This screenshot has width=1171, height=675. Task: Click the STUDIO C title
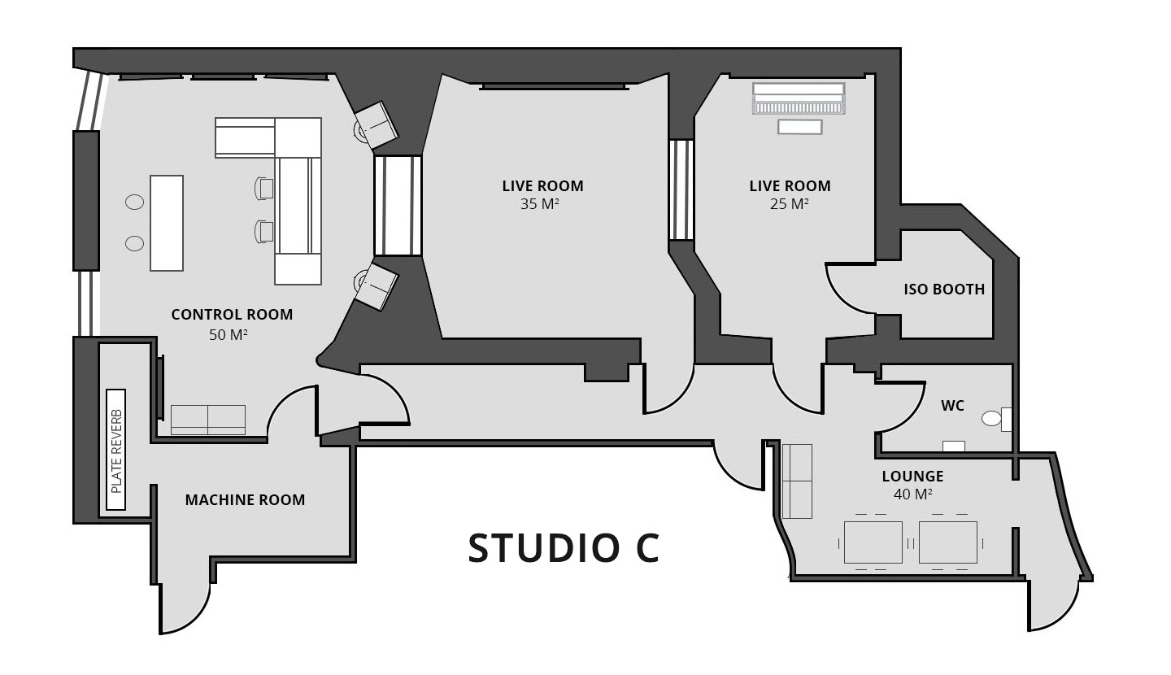click(x=563, y=548)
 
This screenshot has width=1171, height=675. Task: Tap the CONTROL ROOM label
click(x=232, y=315)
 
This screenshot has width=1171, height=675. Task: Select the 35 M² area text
click(x=540, y=204)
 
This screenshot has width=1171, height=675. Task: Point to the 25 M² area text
click(x=789, y=204)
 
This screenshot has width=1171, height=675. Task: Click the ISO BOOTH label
click(x=944, y=290)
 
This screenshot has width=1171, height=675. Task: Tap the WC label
click(x=952, y=405)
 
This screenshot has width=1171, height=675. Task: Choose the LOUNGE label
click(x=912, y=477)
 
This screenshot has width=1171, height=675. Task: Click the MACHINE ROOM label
click(x=245, y=500)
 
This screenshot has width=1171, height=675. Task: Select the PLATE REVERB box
click(x=115, y=449)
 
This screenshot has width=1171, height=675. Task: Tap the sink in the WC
click(x=953, y=446)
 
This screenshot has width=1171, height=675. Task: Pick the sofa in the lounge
click(x=797, y=481)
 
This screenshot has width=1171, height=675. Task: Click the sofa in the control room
click(x=208, y=419)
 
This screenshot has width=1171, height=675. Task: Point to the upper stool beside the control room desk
click(x=134, y=202)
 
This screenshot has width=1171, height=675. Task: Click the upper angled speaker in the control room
click(x=376, y=125)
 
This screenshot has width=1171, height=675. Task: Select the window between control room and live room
click(x=398, y=206)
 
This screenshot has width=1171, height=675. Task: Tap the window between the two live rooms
click(x=681, y=189)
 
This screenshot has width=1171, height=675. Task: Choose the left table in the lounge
click(x=873, y=542)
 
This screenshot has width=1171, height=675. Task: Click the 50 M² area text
click(x=228, y=334)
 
